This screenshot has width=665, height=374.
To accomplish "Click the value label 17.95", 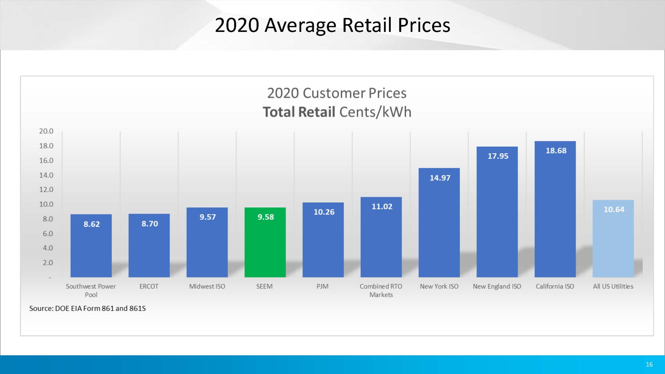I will [x=498, y=156].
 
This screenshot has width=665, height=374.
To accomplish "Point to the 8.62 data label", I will [x=91, y=224].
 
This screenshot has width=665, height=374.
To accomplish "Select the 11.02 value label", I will [x=382, y=206].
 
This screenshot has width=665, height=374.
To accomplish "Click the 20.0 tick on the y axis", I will [x=46, y=131].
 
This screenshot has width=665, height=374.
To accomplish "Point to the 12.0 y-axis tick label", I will [x=46, y=190].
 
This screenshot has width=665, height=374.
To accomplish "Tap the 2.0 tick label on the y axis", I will [x=48, y=263].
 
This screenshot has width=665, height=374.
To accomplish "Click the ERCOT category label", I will [x=149, y=286].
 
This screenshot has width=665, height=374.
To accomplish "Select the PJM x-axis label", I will [x=322, y=286].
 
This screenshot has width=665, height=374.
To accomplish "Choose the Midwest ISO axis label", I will [x=207, y=286].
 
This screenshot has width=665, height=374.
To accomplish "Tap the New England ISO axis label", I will [x=497, y=286].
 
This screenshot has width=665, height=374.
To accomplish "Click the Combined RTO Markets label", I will [x=381, y=290].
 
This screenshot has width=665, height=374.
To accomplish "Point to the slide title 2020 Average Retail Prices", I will [x=332, y=25].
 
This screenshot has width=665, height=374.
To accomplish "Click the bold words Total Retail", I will [x=299, y=112].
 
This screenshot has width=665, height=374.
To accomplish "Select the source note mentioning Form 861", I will [x=88, y=308].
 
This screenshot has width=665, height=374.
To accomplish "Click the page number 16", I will [x=649, y=364].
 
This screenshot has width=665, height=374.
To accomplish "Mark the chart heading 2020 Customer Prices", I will [x=337, y=93].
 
